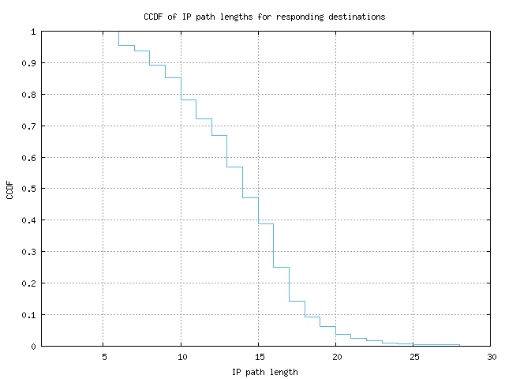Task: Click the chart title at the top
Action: pyautogui.click(x=264, y=17)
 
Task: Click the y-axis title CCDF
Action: pyautogui.click(x=9, y=189)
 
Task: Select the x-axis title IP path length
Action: pyautogui.click(x=265, y=372)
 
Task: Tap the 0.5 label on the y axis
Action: pyautogui.click(x=29, y=189)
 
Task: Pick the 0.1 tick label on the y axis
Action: pyautogui.click(x=29, y=314)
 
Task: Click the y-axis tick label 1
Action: pyautogui.click(x=33, y=32)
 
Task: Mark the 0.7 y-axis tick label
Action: pyautogui.click(x=29, y=126)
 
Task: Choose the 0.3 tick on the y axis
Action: pyautogui.click(x=29, y=252)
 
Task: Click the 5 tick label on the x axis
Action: pyautogui.click(x=103, y=357)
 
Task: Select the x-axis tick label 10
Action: pyautogui.click(x=181, y=357)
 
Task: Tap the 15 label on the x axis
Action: pyautogui.click(x=258, y=357)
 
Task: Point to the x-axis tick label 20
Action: pyautogui.click(x=335, y=357)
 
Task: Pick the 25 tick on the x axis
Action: pyautogui.click(x=413, y=357)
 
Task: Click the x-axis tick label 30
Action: pyautogui.click(x=490, y=357)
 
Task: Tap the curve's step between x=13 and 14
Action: pyautogui.click(x=235, y=167)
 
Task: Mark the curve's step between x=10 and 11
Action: pyautogui.click(x=189, y=99)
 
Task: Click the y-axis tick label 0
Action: pyautogui.click(x=33, y=346)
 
